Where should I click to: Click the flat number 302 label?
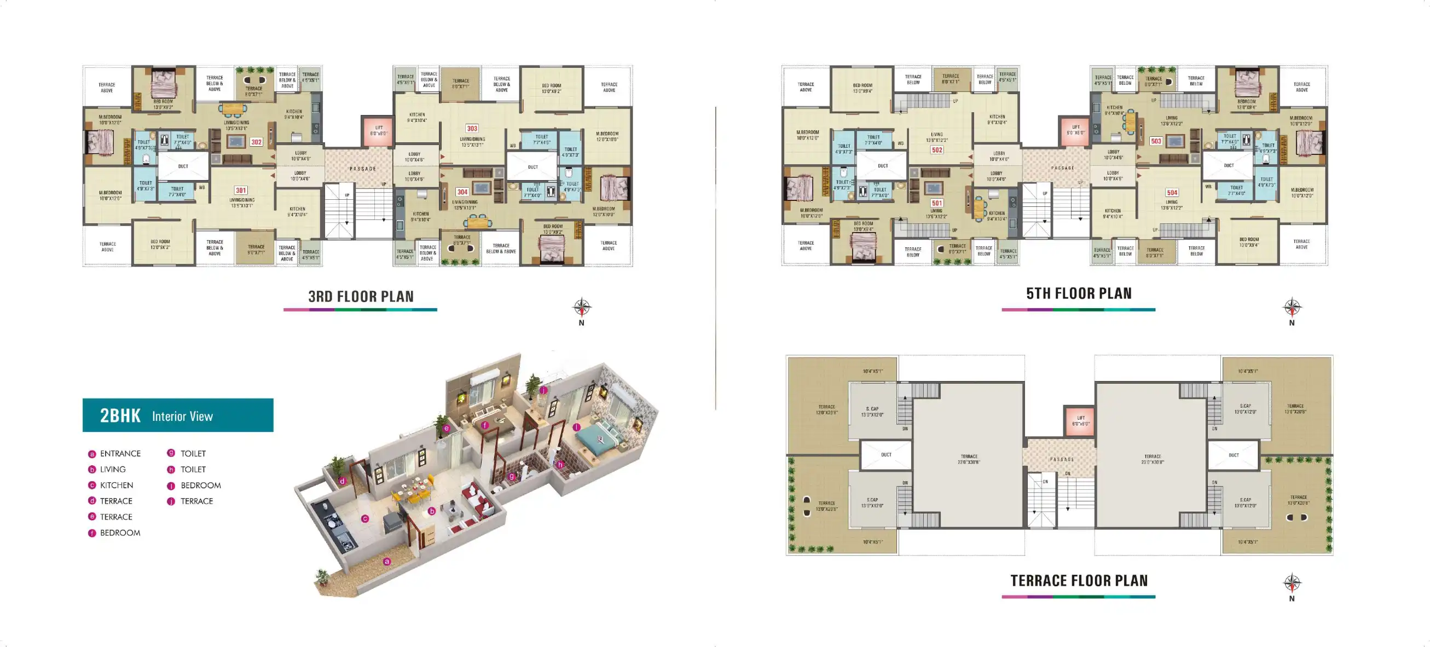(x=256, y=142)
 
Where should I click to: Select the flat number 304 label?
(x=462, y=192)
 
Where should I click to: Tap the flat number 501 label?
(x=937, y=203)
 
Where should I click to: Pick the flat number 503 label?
(x=1156, y=141)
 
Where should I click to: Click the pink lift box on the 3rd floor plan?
(x=378, y=131)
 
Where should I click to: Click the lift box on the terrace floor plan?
(x=1080, y=421)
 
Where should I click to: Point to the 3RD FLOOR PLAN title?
(x=361, y=297)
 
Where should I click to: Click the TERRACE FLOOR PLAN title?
(x=1079, y=581)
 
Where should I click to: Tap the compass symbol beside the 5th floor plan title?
(x=1292, y=307)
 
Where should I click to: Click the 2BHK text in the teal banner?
(x=120, y=415)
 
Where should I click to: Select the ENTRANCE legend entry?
(x=120, y=454)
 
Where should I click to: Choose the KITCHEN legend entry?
(x=116, y=486)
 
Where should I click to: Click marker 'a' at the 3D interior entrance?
(x=387, y=562)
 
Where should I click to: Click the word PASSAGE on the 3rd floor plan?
(x=362, y=169)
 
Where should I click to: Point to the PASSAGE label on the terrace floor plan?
(x=1062, y=460)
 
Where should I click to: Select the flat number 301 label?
(x=240, y=190)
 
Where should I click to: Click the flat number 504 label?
(x=1172, y=193)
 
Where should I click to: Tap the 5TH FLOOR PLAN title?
(x=1079, y=294)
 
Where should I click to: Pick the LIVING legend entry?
(x=113, y=470)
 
